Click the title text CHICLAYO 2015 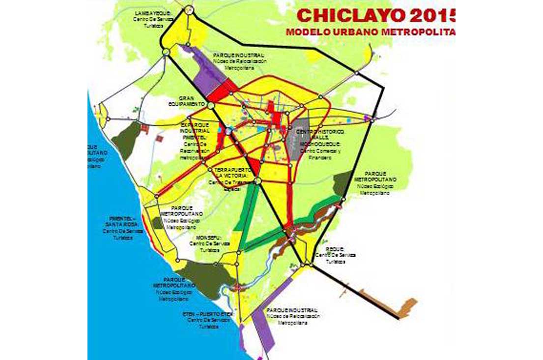pyautogui.click(x=376, y=16)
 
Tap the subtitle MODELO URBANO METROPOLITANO pyautogui.click(x=371, y=32)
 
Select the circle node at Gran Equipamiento pyautogui.click(x=211, y=105)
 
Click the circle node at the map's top pyautogui.click(x=190, y=10)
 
